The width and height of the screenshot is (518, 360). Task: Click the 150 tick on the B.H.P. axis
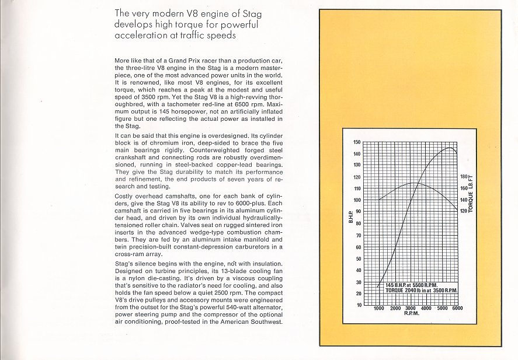click(x=357, y=142)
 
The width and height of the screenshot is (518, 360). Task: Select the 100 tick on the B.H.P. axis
click(x=357, y=200)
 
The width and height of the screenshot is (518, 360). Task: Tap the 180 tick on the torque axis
click(x=465, y=177)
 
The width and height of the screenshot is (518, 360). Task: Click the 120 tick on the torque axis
click(x=465, y=211)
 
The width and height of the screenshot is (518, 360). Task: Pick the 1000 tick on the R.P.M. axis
click(x=379, y=309)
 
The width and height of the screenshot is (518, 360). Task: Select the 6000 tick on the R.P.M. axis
click(x=457, y=309)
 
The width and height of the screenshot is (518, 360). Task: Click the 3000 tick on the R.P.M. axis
click(x=411, y=309)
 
